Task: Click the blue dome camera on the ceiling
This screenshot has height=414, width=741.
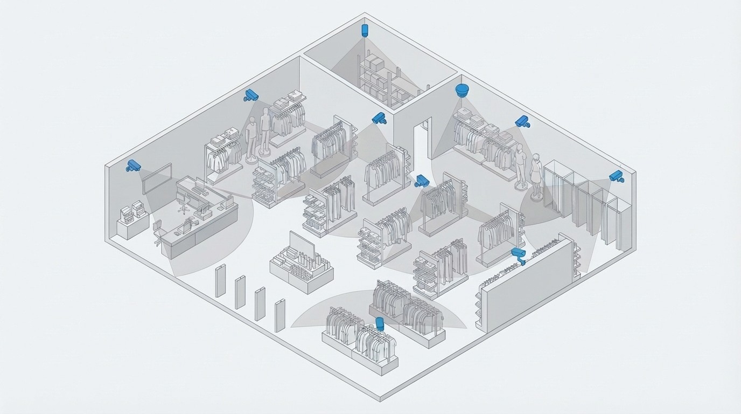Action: coord(462,90)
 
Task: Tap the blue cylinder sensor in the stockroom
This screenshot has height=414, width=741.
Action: coord(365,29)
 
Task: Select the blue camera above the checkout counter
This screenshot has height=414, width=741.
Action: coord(132,165)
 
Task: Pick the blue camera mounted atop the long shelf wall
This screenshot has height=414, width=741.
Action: coord(519,254)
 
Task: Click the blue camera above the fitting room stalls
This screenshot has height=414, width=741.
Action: coord(616,176)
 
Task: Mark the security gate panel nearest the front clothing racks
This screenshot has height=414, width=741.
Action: coord(279,315)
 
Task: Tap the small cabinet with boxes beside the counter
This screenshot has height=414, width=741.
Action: coord(132,221)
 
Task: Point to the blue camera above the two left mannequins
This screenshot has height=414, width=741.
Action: coord(251,95)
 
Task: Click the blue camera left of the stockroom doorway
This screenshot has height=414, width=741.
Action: coord(379,118)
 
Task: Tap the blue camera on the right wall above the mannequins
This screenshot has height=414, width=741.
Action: coord(521,122)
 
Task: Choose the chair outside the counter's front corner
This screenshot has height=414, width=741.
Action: coord(159,236)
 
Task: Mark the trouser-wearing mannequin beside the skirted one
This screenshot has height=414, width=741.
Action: coord(520,166)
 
